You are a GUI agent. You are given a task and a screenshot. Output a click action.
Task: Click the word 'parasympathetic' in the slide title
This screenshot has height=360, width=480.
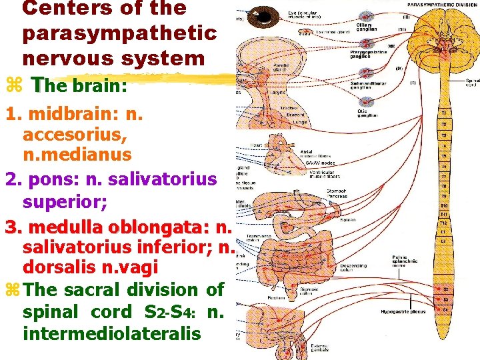click(x=119, y=33)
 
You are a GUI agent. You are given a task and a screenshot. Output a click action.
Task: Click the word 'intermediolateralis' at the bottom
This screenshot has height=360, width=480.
click(x=111, y=331)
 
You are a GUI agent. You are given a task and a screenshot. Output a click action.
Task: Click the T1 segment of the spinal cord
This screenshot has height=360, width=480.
click(x=444, y=113)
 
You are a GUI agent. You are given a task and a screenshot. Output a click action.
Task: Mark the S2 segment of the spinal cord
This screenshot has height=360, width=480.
click(x=443, y=289)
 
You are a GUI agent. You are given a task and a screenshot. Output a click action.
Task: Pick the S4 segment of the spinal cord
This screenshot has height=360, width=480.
click(x=443, y=309)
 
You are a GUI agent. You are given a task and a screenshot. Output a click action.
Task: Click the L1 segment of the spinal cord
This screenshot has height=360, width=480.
click(x=444, y=231)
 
